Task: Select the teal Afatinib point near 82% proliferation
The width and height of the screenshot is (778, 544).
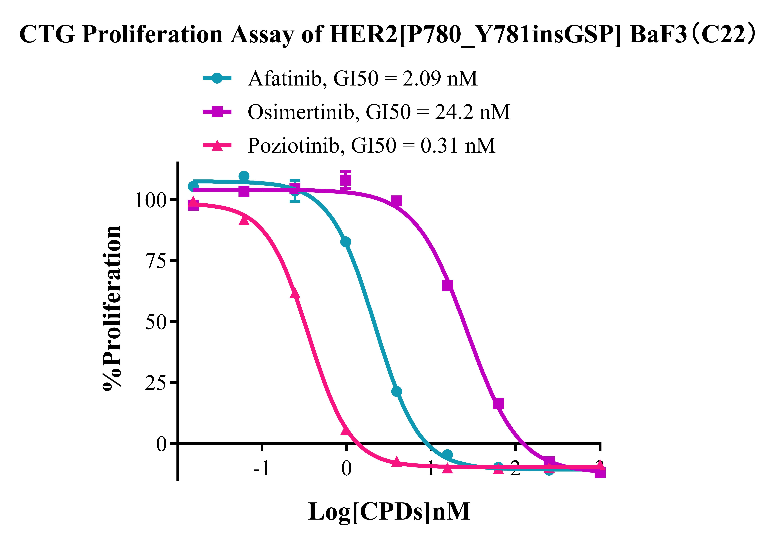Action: point(346,242)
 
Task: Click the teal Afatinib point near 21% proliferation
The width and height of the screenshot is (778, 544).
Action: point(396,391)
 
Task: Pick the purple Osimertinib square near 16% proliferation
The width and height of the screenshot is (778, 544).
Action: point(498,403)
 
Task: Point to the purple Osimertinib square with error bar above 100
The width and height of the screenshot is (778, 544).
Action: point(346,180)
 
